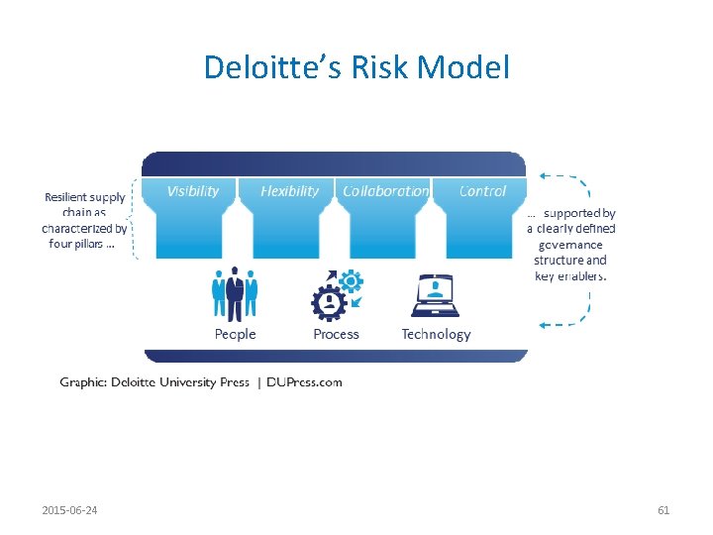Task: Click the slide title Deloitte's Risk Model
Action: [x=356, y=67]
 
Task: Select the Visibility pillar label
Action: [x=193, y=191]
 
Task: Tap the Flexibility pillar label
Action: [x=289, y=191]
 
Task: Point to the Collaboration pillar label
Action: [x=385, y=191]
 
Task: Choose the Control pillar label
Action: [x=482, y=191]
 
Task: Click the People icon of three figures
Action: [x=235, y=293]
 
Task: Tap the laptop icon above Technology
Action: [x=435, y=295]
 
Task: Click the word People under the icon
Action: [x=235, y=335]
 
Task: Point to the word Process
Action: [x=336, y=335]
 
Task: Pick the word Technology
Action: [x=436, y=335]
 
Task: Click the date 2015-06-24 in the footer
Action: [x=76, y=510]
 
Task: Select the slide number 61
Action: [x=663, y=510]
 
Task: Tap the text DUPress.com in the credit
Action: [x=305, y=382]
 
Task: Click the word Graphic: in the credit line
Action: [x=84, y=382]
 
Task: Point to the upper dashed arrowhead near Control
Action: [x=544, y=177]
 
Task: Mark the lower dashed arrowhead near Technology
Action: [x=544, y=324]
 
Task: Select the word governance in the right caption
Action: [x=570, y=244]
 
